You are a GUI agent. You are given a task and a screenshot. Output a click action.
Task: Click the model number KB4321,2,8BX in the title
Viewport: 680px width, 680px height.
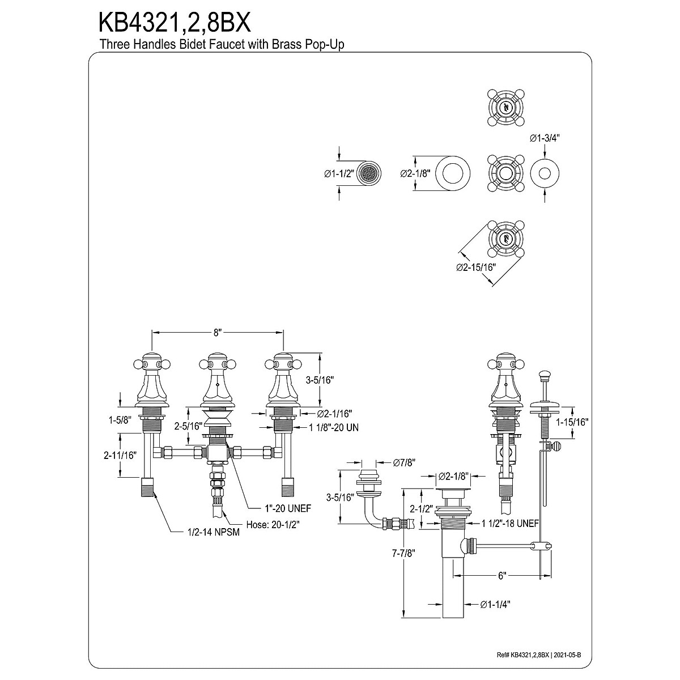click(x=175, y=23)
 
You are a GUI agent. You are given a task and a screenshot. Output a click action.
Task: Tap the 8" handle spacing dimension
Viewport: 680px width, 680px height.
click(x=218, y=333)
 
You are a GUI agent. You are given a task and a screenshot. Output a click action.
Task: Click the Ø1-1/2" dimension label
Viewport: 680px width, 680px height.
click(x=339, y=173)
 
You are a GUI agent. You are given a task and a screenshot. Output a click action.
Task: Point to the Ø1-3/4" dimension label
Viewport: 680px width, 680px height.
click(x=545, y=139)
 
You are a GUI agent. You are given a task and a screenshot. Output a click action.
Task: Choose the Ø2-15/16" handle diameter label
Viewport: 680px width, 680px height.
click(x=476, y=267)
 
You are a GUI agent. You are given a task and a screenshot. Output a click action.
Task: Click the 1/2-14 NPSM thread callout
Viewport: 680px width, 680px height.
click(x=214, y=542)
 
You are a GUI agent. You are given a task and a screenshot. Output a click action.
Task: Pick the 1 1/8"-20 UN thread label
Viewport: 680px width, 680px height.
click(x=334, y=428)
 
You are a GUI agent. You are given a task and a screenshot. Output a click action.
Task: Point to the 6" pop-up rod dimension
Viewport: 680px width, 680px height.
click(x=502, y=576)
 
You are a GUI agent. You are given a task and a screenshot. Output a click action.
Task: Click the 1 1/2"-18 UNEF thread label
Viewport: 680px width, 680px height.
click(x=510, y=524)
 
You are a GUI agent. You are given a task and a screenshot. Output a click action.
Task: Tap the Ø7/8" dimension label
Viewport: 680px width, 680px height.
click(x=405, y=462)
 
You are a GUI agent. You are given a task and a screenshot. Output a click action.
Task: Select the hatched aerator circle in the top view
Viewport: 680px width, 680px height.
click(x=369, y=173)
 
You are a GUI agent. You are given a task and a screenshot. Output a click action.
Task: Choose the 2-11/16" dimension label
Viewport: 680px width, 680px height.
click(x=120, y=456)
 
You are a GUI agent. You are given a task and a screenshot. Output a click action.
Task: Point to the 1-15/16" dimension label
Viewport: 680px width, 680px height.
click(x=572, y=422)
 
